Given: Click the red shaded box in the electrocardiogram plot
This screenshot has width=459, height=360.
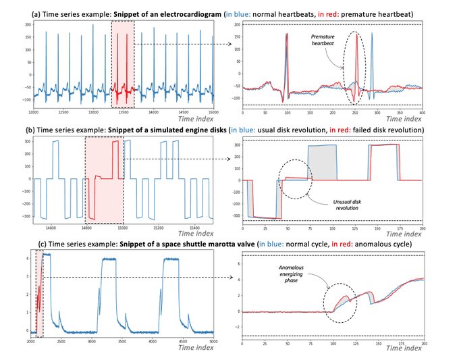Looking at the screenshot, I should pos(122,63).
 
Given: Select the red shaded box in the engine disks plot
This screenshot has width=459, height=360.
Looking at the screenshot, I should pos(105,179).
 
